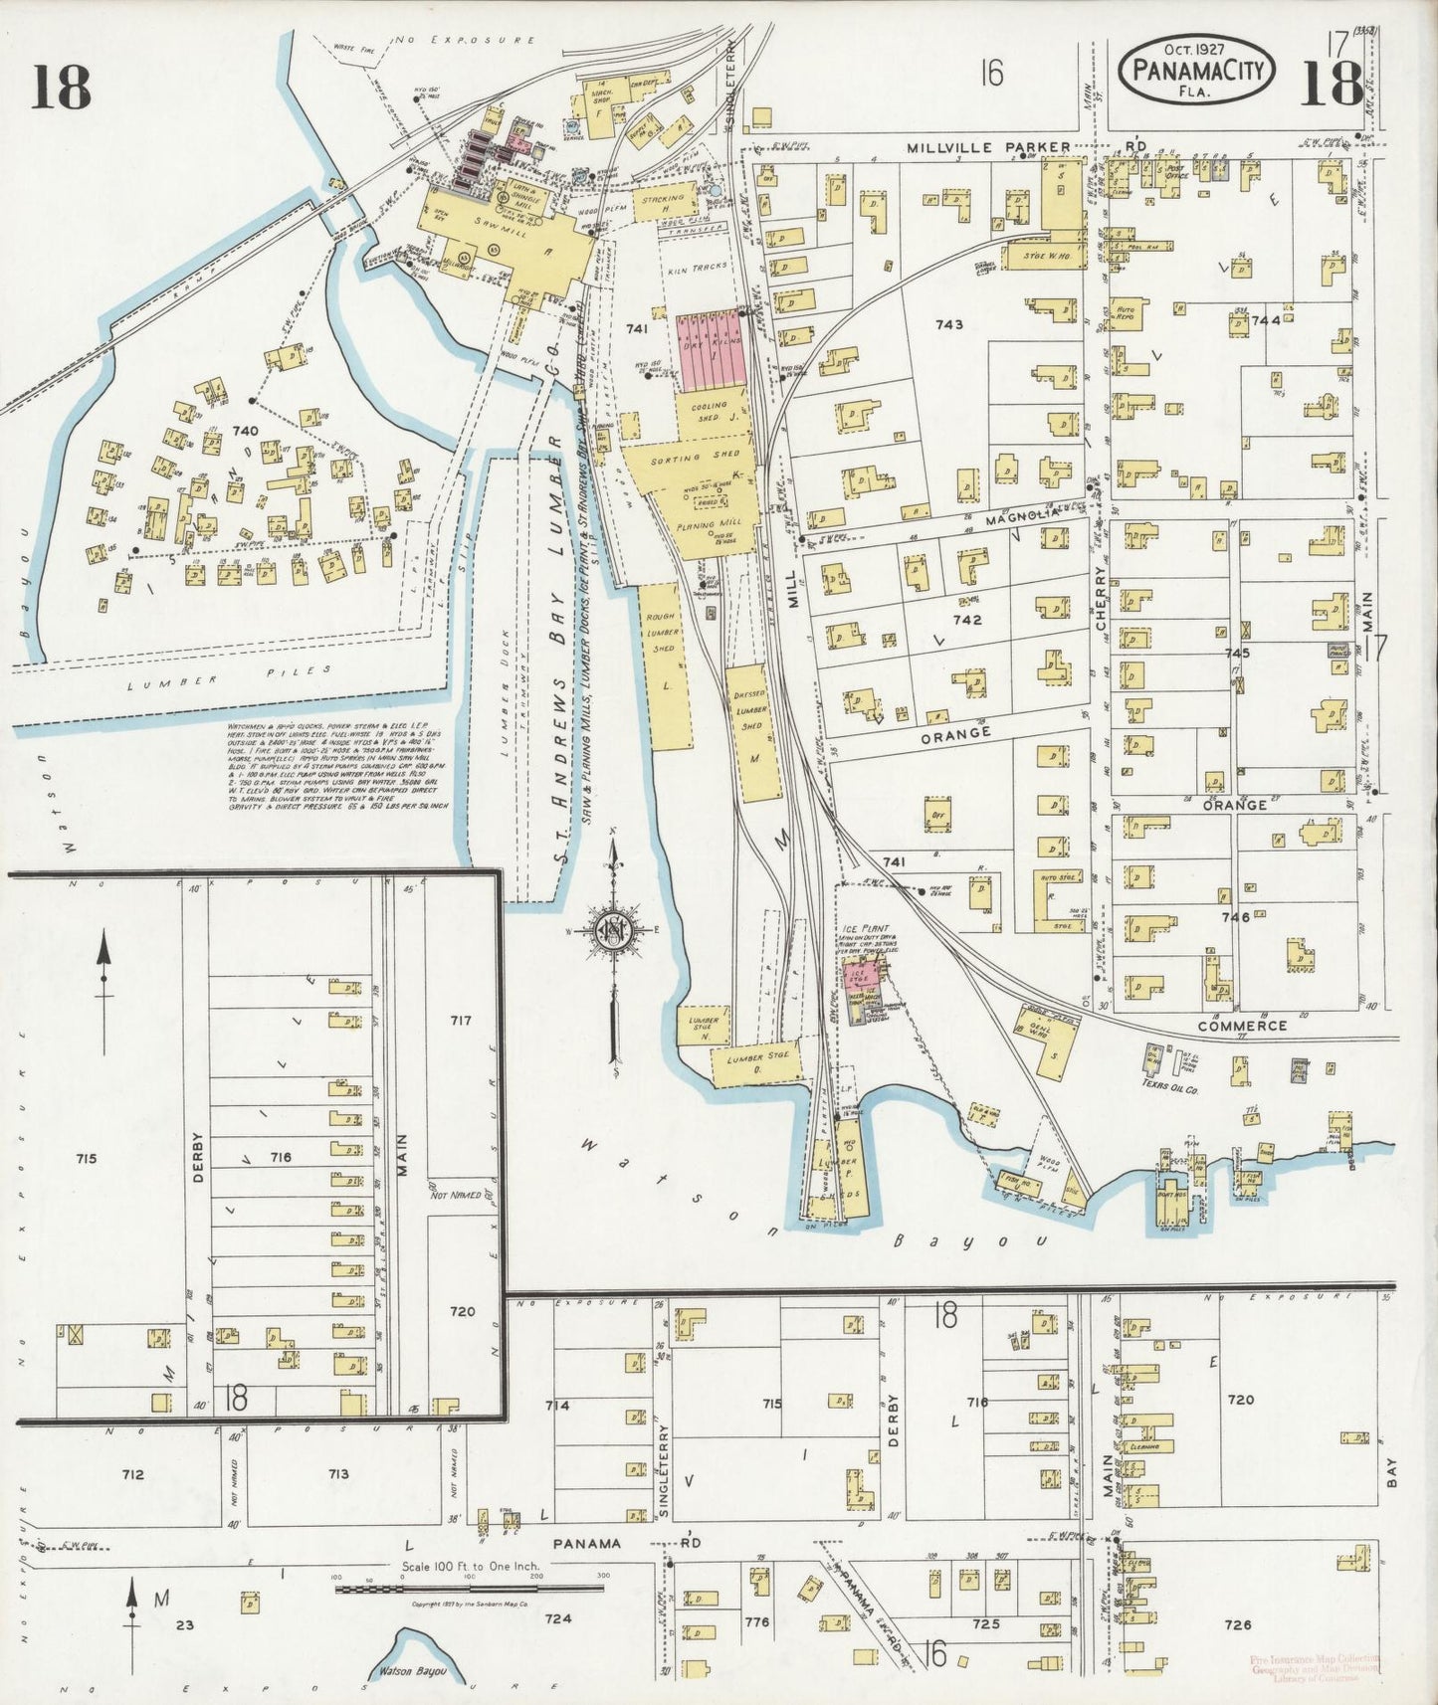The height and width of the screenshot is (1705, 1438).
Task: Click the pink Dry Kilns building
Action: pyautogui.click(x=713, y=350)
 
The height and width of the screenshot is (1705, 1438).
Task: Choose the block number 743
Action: pyautogui.click(x=949, y=324)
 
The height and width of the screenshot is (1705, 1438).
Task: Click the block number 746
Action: pyautogui.click(x=1235, y=917)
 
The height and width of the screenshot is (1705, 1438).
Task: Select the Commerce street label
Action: pyautogui.click(x=1242, y=1026)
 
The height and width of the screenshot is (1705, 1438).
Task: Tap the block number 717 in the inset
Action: pyautogui.click(x=460, y=1021)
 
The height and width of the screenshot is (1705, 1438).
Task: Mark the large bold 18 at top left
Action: pyautogui.click(x=60, y=88)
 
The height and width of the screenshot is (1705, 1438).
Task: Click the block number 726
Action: pyautogui.click(x=1238, y=1624)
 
